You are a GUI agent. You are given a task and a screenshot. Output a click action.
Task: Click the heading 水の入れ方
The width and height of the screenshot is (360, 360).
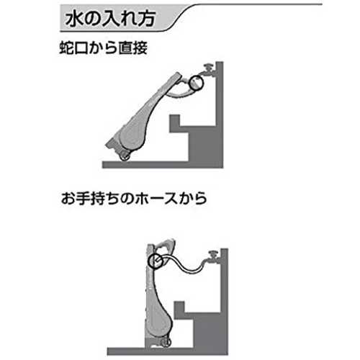(x=110, y=19)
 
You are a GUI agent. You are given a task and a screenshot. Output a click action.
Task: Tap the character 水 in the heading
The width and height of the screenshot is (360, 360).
(x=73, y=19)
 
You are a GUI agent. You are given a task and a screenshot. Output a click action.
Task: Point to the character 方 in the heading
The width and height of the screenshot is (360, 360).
(x=147, y=19)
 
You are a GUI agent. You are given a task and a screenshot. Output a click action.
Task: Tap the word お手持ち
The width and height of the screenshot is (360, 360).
(x=91, y=199)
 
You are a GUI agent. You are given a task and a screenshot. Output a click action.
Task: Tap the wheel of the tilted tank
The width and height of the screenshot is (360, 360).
(x=125, y=156)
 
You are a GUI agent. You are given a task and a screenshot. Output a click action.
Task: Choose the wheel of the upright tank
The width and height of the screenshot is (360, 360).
(x=166, y=342)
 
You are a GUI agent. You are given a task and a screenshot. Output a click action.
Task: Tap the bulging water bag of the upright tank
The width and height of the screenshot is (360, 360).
(x=161, y=319)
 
